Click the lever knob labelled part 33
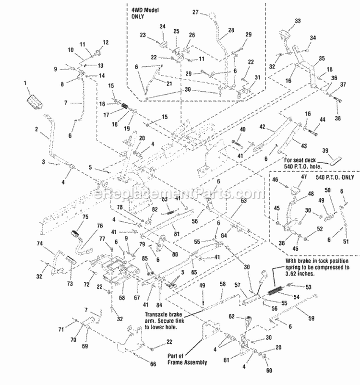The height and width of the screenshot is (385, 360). tap(284, 36)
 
